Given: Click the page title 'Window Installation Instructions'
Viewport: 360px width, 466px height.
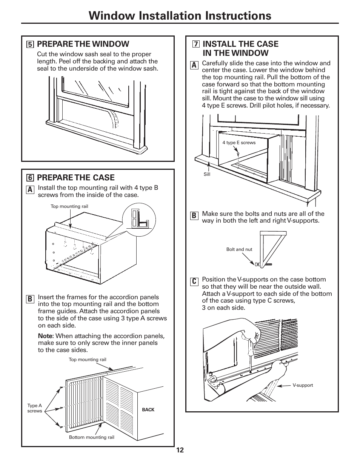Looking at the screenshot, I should [180, 15].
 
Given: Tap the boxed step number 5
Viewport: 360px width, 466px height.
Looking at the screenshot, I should [30, 45].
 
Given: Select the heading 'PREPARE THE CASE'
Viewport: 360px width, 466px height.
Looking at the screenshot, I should [76, 178].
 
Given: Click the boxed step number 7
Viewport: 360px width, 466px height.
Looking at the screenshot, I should [195, 45].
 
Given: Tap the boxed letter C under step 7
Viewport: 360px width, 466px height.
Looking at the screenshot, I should [194, 281].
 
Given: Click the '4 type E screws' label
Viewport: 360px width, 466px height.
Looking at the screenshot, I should [239, 143].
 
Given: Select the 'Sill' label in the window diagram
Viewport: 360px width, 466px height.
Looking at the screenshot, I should [207, 174].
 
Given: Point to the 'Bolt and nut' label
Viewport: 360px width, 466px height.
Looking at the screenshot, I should [239, 249].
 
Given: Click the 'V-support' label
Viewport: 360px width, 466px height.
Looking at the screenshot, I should [303, 385].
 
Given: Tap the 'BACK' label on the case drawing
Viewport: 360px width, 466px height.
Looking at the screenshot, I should [148, 410].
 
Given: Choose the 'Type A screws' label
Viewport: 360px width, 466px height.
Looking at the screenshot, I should [34, 408].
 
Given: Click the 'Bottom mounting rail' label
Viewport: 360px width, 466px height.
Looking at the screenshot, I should [91, 437].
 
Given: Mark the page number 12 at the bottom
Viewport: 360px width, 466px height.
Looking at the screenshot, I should [180, 450].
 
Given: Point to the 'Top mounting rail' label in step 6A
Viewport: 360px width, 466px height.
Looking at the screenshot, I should [69, 206].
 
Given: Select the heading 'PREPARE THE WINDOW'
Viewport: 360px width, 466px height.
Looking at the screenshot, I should [83, 44].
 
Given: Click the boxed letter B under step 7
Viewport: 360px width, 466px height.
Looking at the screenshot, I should [194, 215].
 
